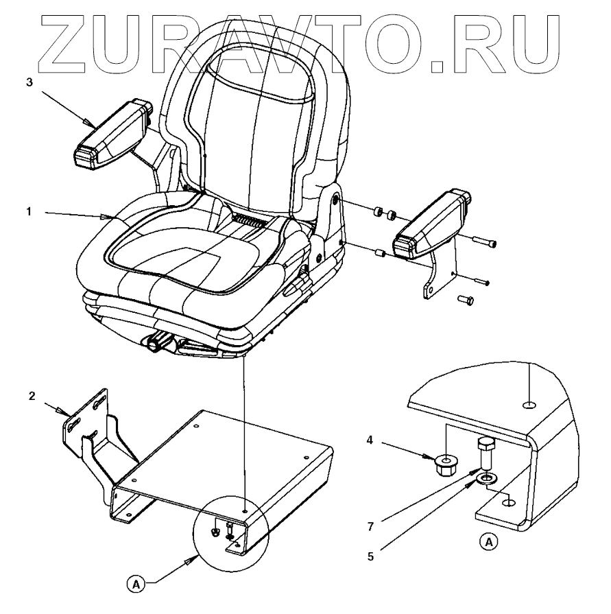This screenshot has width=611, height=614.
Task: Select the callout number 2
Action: coord(32,397)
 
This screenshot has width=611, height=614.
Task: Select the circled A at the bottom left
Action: coord(136,584)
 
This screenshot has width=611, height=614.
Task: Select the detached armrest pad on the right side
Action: coord(430,225)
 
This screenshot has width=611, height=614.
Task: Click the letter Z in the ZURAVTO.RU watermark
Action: coord(66,39)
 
